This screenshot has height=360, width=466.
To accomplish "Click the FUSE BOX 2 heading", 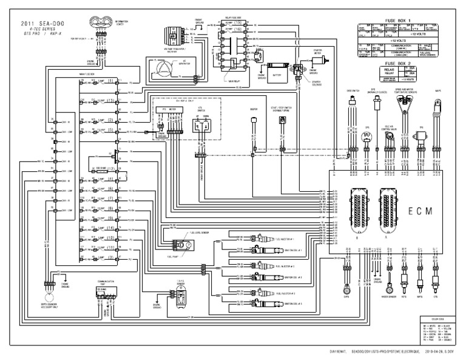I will tap(399, 63).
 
